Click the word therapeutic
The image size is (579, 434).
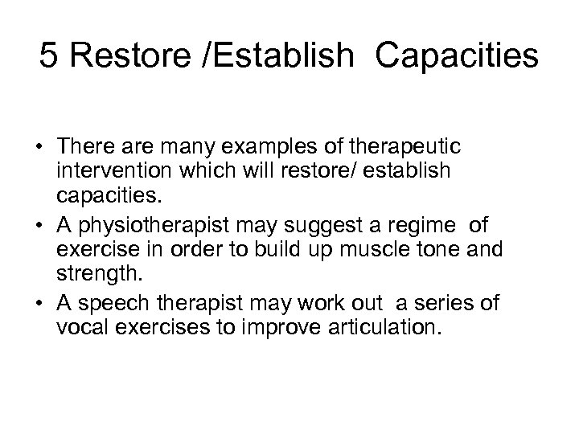(x=413, y=149)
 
